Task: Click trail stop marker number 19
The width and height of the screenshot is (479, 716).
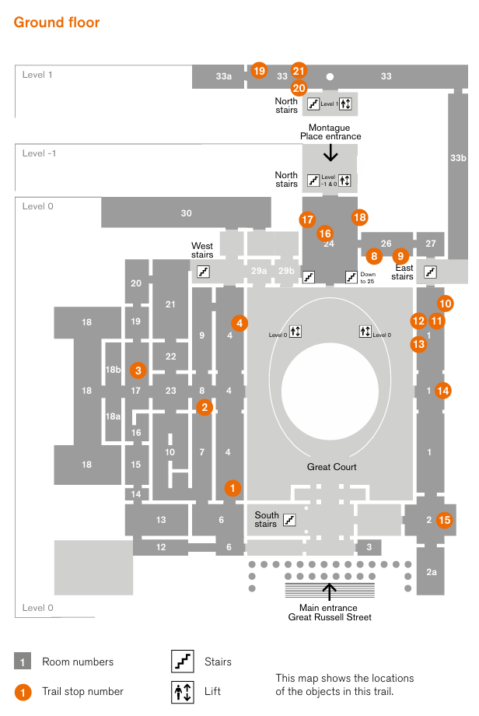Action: tap(259, 71)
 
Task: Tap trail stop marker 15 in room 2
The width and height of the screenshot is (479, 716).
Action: tap(444, 520)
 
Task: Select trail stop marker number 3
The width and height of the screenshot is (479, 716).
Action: tap(138, 370)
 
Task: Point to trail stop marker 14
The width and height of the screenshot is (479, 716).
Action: tap(443, 391)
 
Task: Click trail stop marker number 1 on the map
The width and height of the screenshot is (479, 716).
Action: tap(233, 488)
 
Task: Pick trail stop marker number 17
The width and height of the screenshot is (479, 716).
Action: tap(308, 219)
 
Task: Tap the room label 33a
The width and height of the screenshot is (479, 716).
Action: tap(224, 76)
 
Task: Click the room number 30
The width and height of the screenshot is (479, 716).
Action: tap(186, 213)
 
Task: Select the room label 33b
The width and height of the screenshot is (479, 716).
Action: tap(458, 158)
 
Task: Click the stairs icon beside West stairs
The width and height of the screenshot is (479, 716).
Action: tap(203, 272)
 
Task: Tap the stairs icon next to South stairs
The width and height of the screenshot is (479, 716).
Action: tap(290, 519)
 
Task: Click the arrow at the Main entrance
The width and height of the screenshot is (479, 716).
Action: tap(329, 591)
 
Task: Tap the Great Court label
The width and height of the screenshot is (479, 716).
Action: tap(332, 467)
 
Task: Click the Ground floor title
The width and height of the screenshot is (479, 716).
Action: tap(57, 23)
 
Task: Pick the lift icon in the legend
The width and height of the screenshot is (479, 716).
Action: tap(182, 690)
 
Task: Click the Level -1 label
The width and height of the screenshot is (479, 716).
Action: tap(39, 153)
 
